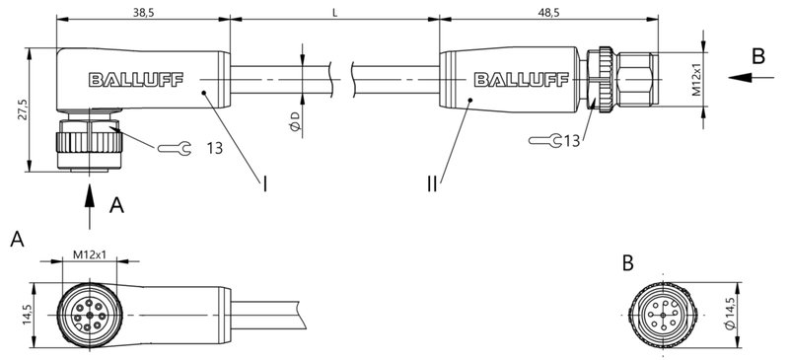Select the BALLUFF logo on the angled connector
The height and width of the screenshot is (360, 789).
click(127, 79)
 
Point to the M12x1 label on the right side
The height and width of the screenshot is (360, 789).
click(696, 79)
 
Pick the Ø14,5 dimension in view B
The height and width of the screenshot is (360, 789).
click(731, 314)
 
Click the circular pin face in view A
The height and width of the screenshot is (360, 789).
click(90, 314)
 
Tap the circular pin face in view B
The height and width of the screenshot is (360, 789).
click(660, 315)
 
